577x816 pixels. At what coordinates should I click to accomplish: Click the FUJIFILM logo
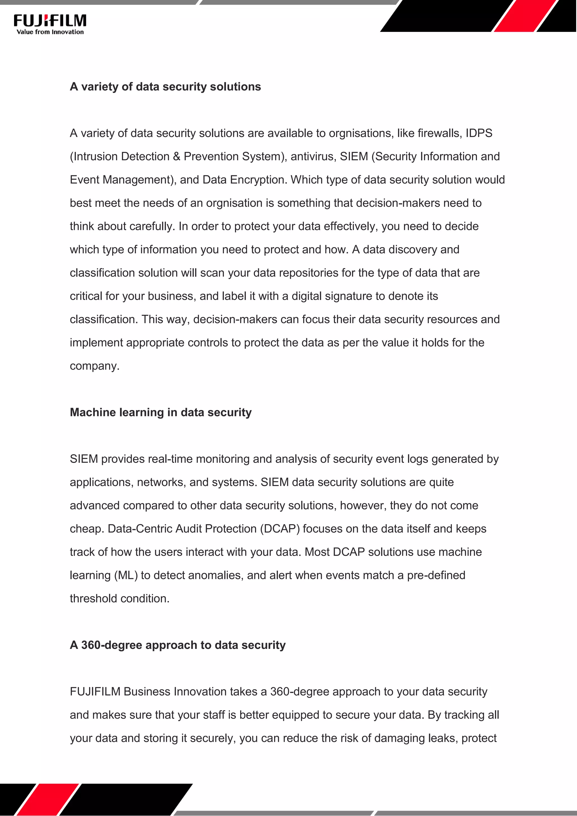(50, 20)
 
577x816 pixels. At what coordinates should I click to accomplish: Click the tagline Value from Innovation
(50, 32)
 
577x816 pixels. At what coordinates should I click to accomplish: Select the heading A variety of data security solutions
(165, 87)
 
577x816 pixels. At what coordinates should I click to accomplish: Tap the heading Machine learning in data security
(161, 412)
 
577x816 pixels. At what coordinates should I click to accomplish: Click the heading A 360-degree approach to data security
(178, 645)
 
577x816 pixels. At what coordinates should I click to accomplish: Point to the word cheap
(85, 529)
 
